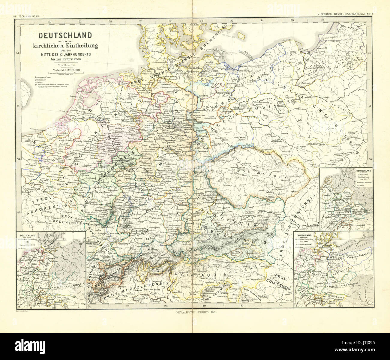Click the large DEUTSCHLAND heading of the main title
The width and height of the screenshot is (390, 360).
tap(65, 35)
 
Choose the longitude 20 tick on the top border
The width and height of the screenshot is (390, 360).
tap(50, 21)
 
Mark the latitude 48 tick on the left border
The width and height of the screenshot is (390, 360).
tap(18, 212)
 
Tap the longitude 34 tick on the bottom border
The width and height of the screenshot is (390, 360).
tap(280, 305)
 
